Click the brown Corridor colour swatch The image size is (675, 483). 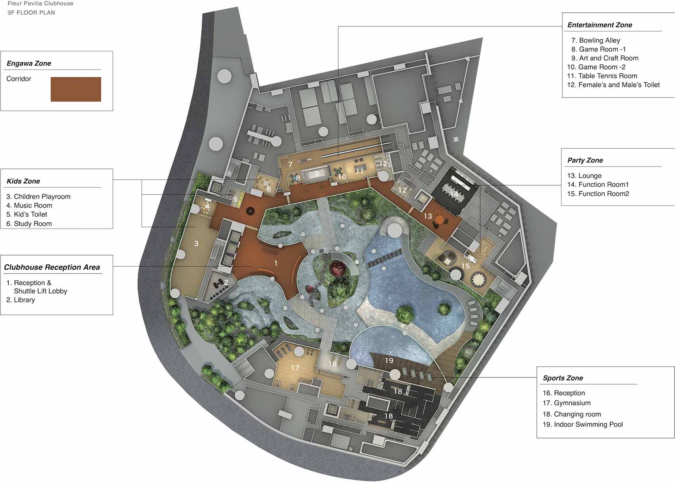(75, 89)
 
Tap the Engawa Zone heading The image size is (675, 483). (29, 64)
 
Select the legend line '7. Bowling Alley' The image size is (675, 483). (596, 40)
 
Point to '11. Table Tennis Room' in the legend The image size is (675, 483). (602, 76)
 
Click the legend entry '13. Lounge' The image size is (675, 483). (584, 175)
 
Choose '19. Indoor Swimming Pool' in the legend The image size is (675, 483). (583, 424)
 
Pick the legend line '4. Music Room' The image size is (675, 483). (29, 205)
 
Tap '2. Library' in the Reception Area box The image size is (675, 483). (21, 300)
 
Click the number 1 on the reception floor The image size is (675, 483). (276, 264)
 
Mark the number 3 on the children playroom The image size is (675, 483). (197, 243)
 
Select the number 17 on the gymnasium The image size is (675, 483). (295, 368)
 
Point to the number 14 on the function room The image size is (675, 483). (454, 194)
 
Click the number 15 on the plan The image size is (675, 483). (466, 266)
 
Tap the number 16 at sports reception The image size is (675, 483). (332, 364)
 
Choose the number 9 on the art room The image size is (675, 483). (317, 173)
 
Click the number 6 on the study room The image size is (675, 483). (269, 189)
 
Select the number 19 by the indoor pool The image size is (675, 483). (389, 360)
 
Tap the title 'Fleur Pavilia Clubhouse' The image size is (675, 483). (40, 4)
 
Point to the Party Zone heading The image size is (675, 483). (585, 160)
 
